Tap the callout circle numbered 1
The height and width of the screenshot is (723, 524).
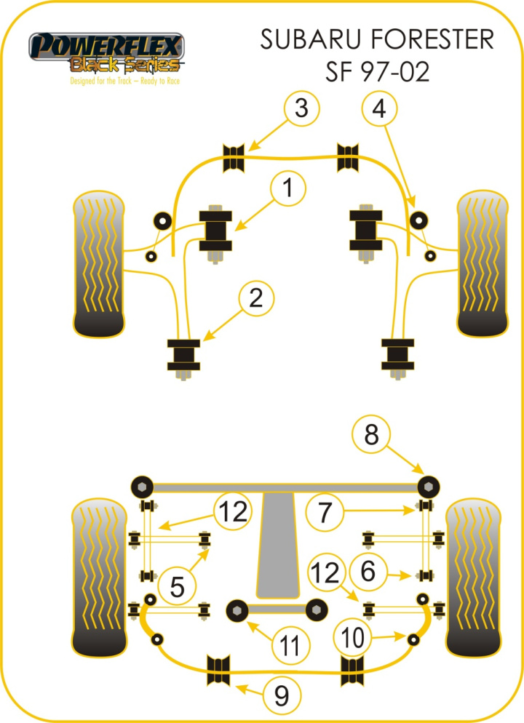tap(289, 189)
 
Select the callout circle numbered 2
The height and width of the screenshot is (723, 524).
tap(255, 297)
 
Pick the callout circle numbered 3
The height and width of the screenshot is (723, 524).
tap(301, 110)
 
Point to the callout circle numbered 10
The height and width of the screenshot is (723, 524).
tap(354, 638)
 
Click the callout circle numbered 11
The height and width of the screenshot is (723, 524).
tap(290, 644)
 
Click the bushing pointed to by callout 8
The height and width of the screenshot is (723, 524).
tap(429, 485)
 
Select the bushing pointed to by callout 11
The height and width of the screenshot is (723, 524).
tap(237, 610)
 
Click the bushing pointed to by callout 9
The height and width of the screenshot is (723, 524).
tap(218, 670)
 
